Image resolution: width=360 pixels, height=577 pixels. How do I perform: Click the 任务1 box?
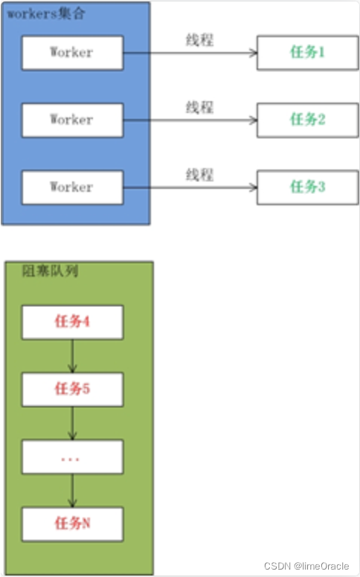click(307, 53)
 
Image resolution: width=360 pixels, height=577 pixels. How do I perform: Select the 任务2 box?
click(307, 120)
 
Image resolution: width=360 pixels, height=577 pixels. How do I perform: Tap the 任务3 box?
click(307, 187)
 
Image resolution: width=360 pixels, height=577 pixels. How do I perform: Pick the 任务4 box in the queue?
click(72, 322)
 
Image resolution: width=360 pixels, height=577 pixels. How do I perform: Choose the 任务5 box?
click(72, 390)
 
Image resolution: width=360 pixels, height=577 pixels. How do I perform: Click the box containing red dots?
click(72, 457)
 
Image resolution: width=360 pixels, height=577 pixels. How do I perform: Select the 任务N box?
click(72, 524)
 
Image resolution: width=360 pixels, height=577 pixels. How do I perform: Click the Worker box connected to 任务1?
click(72, 53)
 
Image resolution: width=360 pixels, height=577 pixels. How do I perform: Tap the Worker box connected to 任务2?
click(72, 120)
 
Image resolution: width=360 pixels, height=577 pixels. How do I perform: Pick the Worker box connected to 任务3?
click(72, 187)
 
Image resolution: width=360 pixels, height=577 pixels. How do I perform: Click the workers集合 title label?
click(46, 13)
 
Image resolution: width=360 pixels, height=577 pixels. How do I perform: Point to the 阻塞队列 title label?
click(50, 271)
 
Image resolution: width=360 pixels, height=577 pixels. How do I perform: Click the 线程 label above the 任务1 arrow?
click(199, 39)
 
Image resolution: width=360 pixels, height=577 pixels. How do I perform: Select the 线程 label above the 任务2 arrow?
click(199, 107)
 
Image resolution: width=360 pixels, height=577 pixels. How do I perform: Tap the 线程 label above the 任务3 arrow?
click(199, 175)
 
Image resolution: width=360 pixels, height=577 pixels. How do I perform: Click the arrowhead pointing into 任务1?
click(254, 53)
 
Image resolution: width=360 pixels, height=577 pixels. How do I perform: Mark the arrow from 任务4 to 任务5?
click(72, 356)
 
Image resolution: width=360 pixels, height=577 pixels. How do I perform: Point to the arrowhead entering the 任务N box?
click(72, 503)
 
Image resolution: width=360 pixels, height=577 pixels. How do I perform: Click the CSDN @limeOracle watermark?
click(306, 566)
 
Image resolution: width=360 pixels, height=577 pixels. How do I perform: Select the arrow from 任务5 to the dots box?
click(72, 423)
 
